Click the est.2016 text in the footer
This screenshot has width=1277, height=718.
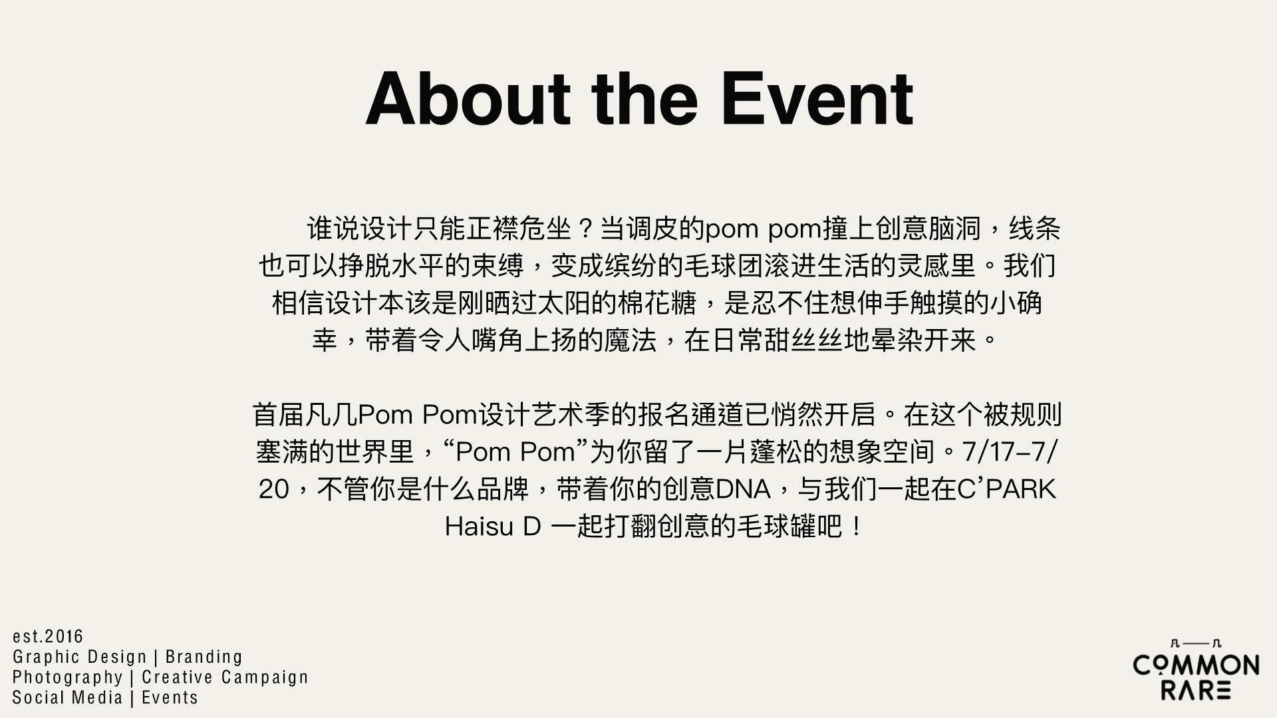48,636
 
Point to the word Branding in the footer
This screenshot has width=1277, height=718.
204,657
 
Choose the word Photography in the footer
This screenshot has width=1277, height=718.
68,677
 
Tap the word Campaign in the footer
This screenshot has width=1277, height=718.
266,677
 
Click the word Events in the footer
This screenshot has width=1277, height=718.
170,697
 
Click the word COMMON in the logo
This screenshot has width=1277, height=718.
1196,665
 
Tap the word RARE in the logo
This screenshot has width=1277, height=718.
1196,690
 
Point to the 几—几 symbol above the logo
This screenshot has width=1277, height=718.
1196,644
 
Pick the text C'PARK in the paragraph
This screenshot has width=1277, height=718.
1006,490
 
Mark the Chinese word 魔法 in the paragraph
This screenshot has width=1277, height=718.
631,340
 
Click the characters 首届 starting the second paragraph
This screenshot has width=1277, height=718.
279,415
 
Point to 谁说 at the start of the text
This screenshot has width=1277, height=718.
333,229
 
